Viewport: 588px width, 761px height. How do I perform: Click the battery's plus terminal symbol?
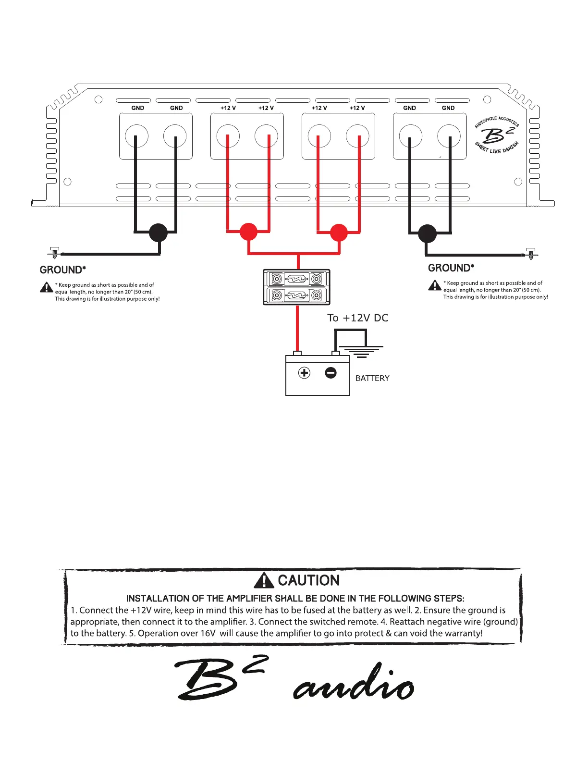tap(304, 373)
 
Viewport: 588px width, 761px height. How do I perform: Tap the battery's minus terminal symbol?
tap(331, 373)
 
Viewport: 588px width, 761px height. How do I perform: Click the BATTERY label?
tap(372, 378)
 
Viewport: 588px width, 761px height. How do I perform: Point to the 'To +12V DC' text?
tap(358, 318)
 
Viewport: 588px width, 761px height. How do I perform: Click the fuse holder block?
tap(297, 287)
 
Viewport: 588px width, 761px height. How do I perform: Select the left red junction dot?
tap(248, 232)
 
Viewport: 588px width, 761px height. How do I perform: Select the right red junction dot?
tap(339, 233)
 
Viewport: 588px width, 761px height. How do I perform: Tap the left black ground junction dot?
tap(158, 233)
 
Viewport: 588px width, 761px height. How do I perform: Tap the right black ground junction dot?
tap(427, 233)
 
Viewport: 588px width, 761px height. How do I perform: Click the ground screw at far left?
tap(55, 253)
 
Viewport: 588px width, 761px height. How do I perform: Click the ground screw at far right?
tap(531, 253)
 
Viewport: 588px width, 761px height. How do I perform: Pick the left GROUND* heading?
tap(63, 270)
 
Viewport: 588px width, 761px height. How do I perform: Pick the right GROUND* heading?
tap(451, 268)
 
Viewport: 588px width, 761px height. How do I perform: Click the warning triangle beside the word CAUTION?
tap(264, 581)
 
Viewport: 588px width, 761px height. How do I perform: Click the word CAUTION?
tap(309, 580)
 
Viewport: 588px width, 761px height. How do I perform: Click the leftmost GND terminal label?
tap(138, 108)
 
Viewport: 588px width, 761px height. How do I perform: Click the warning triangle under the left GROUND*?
tap(46, 287)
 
